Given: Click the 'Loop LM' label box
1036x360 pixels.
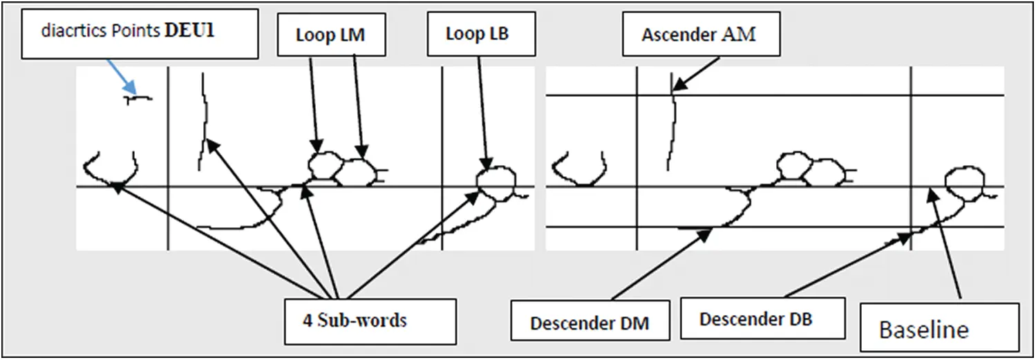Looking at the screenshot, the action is coord(331,35).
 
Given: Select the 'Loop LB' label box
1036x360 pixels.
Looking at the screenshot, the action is coord(482,34).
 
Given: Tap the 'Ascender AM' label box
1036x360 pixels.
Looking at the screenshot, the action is coord(701,34).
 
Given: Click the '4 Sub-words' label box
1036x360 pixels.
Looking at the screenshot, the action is coord(370,321).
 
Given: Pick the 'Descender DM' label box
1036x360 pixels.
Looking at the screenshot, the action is coord(590,320).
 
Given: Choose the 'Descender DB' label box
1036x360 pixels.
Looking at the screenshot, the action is coord(763,318).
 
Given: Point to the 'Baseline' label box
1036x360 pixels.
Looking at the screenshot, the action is coord(939,328).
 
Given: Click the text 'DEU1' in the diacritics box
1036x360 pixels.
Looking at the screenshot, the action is coord(189,30).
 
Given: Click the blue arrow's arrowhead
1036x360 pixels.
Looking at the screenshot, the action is coord(131,88).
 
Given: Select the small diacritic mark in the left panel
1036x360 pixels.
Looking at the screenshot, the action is coord(138,98).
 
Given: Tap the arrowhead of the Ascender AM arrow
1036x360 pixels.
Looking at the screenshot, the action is coord(679,85).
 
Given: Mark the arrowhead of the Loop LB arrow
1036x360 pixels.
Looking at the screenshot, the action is coord(485,164).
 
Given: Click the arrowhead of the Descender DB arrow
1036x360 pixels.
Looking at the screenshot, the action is coord(904,238).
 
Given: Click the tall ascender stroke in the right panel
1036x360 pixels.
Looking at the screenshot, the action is coord(671,122).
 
